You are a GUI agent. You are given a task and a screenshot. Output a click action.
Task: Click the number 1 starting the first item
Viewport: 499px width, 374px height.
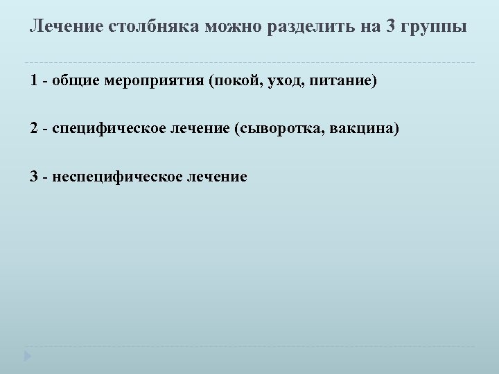coord(34,82)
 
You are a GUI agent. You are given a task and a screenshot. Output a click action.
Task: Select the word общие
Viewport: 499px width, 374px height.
coord(76,82)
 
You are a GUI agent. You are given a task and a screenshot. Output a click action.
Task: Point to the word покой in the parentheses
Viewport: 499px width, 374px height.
coord(234,82)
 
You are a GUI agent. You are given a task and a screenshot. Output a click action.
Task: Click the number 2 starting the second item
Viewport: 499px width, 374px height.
coord(34,129)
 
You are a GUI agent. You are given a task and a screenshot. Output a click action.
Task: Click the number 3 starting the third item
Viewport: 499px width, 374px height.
coord(34,176)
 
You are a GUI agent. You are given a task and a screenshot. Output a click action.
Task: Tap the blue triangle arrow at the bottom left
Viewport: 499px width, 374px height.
coord(27,356)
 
